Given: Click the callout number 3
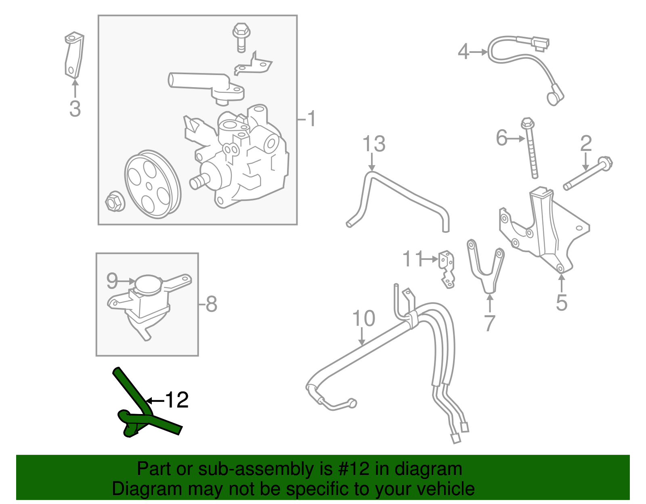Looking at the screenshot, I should [75, 109].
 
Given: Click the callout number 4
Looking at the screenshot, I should [464, 52].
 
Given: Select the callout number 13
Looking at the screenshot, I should [374, 144].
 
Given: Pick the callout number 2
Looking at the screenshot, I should [586, 144].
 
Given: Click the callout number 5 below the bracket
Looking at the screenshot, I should [562, 302].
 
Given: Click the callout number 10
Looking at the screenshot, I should [363, 319].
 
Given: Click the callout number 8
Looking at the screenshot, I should [211, 304].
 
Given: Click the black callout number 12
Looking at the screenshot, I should [176, 400].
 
